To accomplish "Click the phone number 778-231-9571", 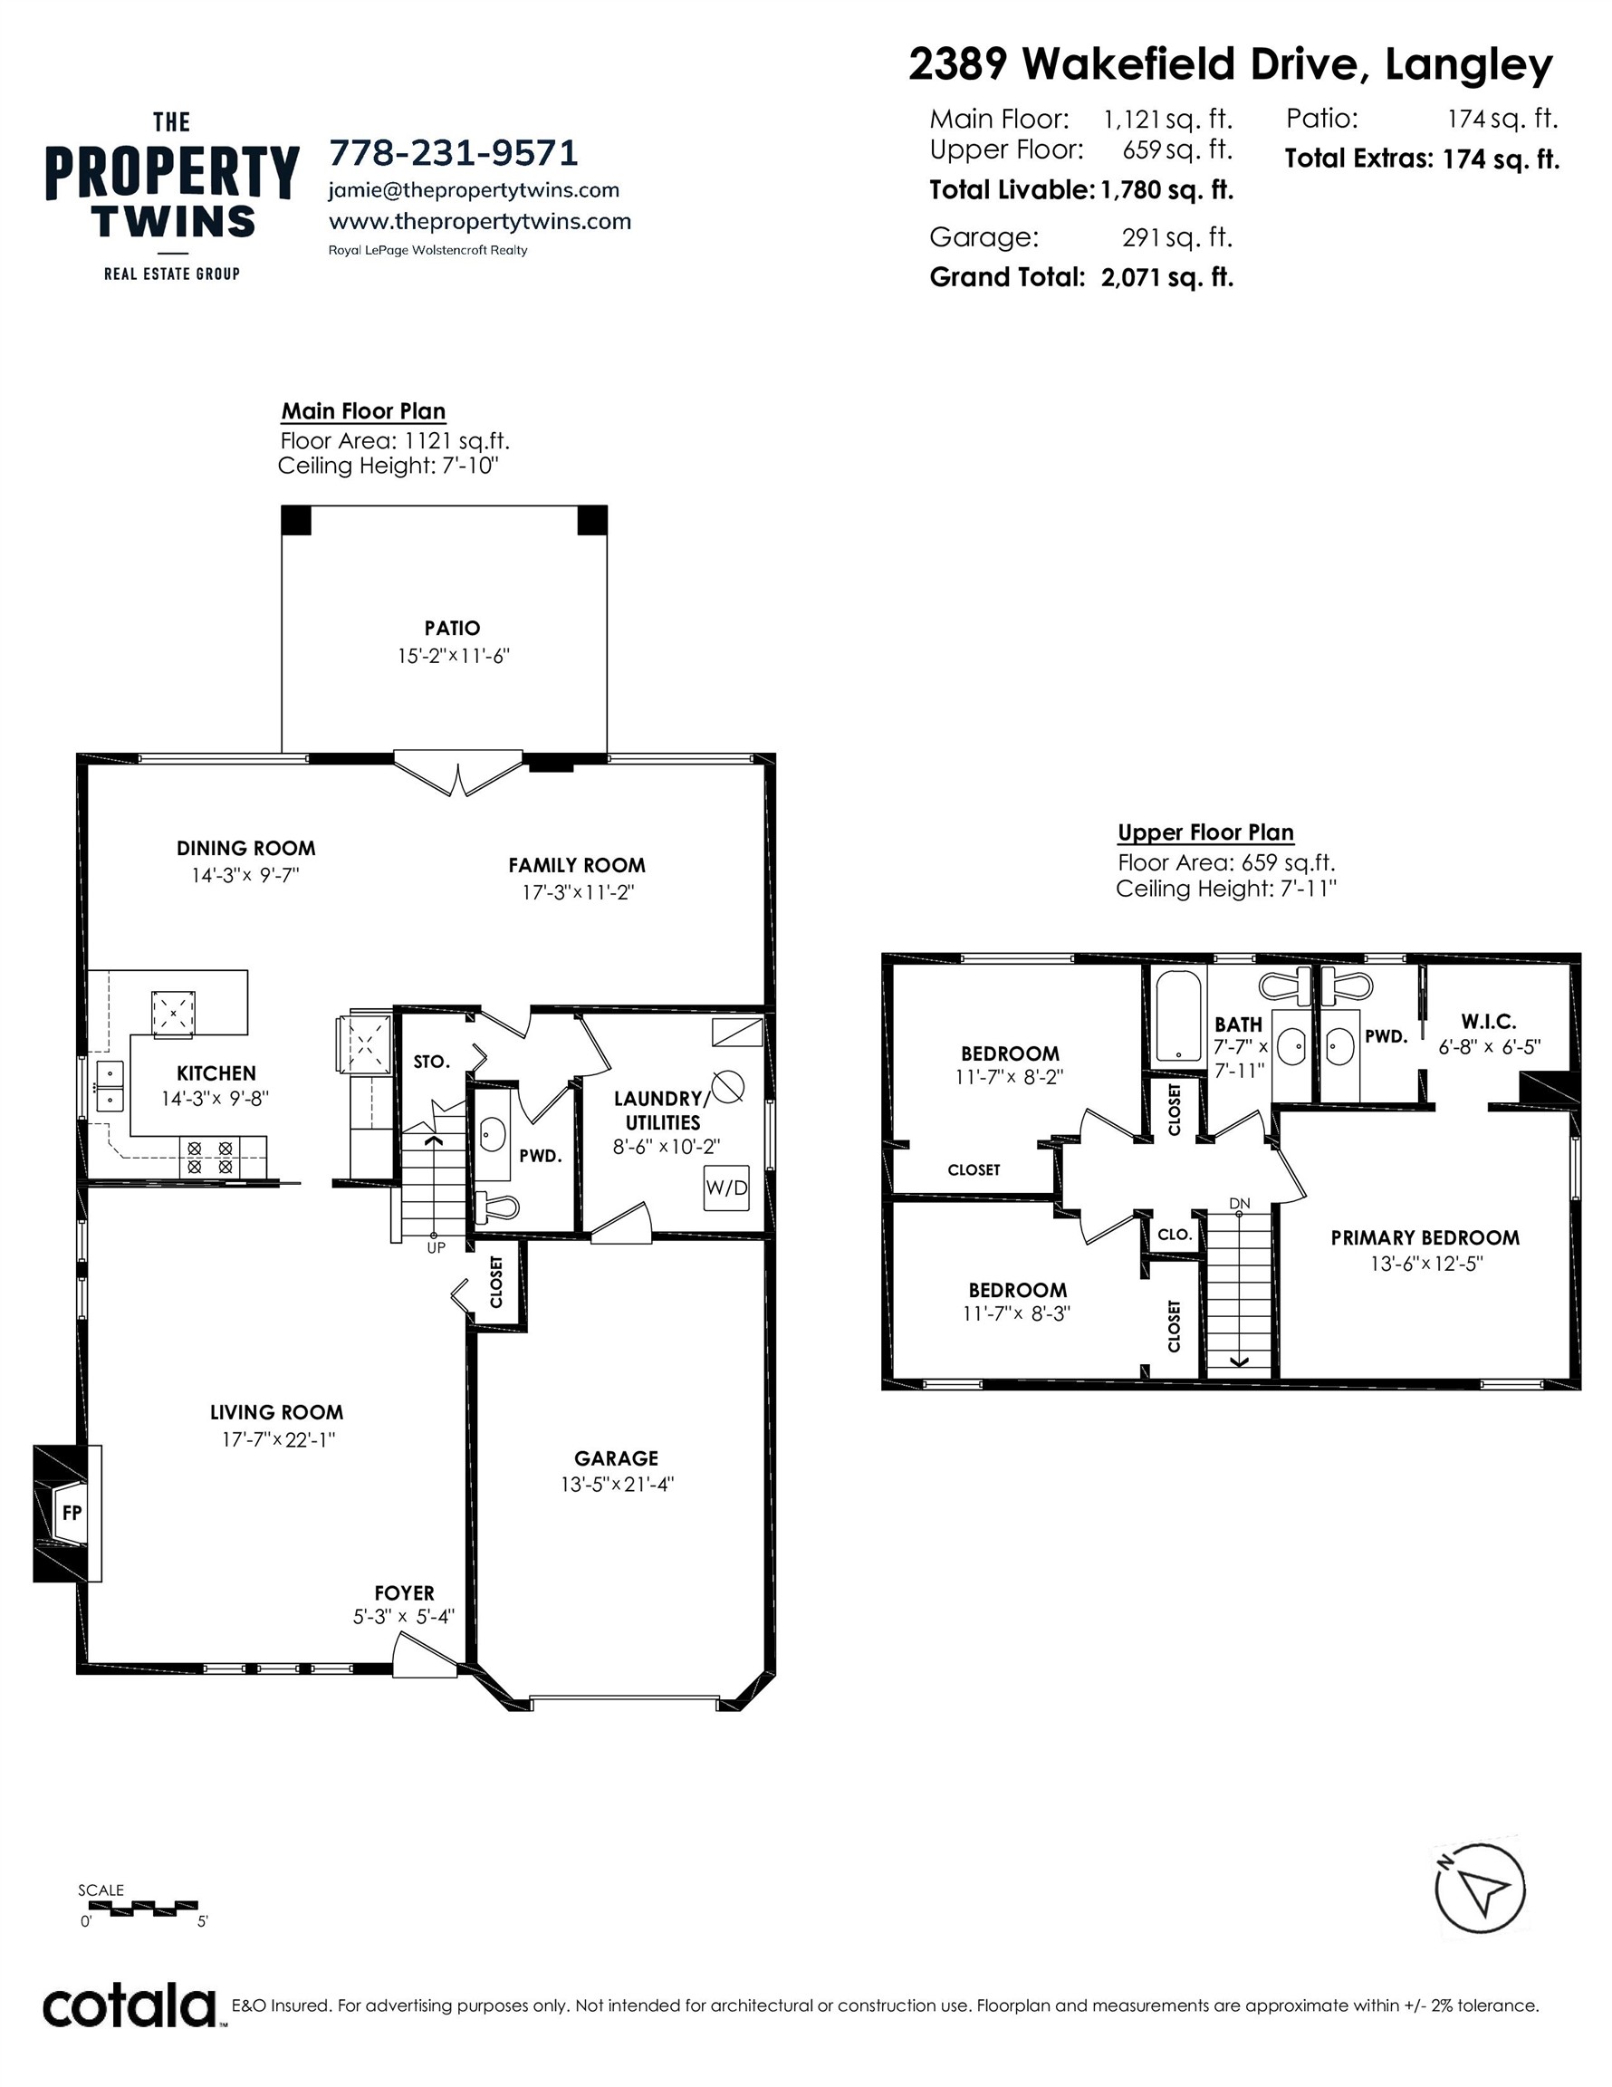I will pos(453,153).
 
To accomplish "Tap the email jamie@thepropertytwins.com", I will pos(473,190).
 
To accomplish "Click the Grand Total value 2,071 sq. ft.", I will pos(1166,278).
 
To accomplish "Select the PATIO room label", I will pos(452,628).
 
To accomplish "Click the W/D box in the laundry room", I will pos(726,1188).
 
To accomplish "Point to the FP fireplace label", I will pos(72,1513).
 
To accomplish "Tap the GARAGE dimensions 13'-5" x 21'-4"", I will pos(618,1484).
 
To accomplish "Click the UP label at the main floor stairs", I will pos(436,1248).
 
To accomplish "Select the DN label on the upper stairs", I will pos(1240,1203).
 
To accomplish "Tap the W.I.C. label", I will pos(1488,1022).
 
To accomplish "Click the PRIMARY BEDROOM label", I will pos(1425,1237).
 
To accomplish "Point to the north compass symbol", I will pos(1480,1890).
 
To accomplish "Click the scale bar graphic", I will pos(139,1909).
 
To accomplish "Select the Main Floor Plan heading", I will pos(363,411).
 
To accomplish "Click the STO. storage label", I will pos(431,1062).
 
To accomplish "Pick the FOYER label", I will pos(404,1593).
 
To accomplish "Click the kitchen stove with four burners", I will pos(209,1158).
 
